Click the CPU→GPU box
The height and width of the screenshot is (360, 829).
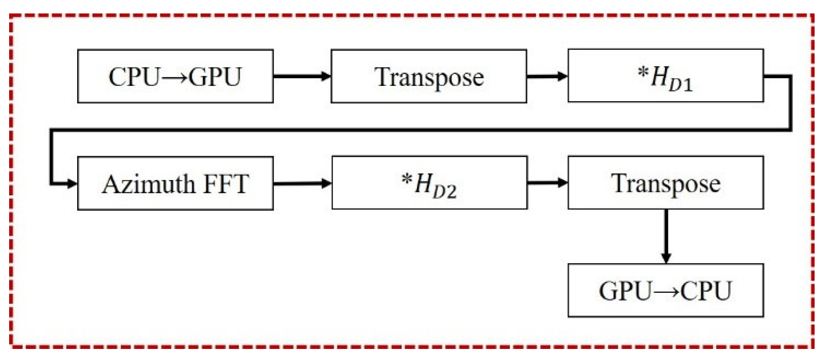(175, 76)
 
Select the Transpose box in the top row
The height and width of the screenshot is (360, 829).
(428, 76)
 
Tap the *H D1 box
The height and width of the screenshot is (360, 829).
(665, 75)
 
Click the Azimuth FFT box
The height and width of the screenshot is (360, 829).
(175, 183)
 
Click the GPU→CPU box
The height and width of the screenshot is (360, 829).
(665, 290)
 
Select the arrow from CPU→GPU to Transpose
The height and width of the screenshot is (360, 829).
(302, 76)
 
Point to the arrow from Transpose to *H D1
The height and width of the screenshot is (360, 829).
(547, 76)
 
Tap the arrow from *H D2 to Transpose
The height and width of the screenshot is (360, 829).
(547, 182)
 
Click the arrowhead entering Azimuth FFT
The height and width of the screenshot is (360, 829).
(72, 183)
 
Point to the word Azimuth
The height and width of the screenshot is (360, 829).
(148, 184)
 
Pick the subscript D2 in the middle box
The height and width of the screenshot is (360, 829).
(444, 192)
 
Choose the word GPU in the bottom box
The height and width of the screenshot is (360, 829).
(625, 291)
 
